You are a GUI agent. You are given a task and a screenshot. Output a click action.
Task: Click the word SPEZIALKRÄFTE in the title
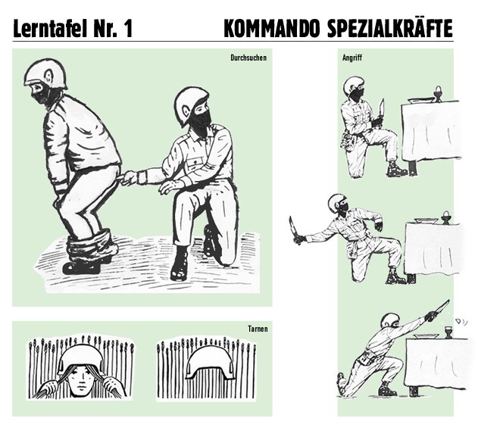pyautogui.click(x=390, y=28)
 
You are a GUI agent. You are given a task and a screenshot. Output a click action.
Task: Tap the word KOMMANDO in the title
pyautogui.click(x=272, y=29)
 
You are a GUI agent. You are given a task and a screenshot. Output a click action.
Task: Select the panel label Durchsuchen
pyautogui.click(x=248, y=58)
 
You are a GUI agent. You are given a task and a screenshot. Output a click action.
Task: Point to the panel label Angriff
pyautogui.click(x=352, y=58)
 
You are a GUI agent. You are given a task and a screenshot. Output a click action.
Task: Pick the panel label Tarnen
pyautogui.click(x=258, y=329)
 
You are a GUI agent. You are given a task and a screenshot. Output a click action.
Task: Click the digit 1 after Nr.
pyautogui.click(x=127, y=29)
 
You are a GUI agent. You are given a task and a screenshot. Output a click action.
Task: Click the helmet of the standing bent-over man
pyautogui.click(x=45, y=73)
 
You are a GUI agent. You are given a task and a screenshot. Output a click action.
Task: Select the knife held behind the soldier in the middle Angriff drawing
pyautogui.click(x=295, y=229)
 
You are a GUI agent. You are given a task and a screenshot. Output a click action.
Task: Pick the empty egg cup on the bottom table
pyautogui.click(x=448, y=332)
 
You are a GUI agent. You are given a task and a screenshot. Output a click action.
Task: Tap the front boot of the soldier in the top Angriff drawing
pyautogui.click(x=397, y=169)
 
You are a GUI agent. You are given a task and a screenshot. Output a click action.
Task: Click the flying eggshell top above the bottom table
pyautogui.click(x=458, y=321)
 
